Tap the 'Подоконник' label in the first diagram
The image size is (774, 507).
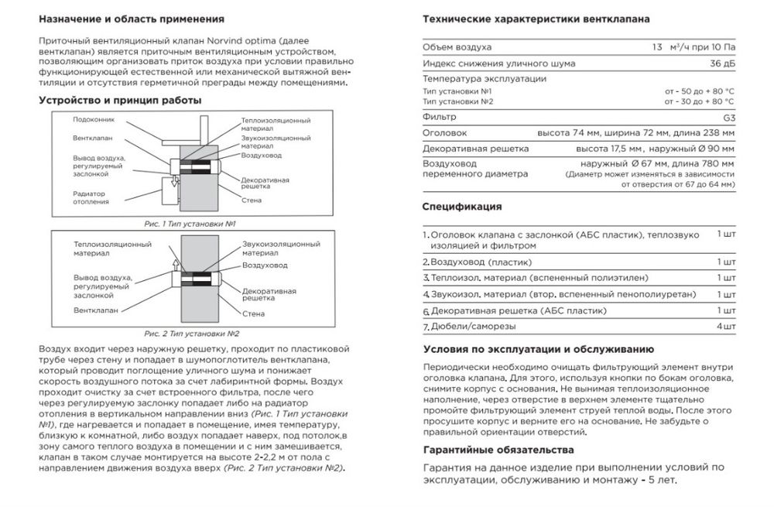pos(92,120)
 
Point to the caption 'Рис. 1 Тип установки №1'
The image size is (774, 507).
pos(190,223)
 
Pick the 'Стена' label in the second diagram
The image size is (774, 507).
pos(252,313)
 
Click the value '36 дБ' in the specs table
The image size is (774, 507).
pos(721,63)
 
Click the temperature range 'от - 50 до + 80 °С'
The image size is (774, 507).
pos(698,91)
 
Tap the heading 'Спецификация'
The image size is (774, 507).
pos(462,207)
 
